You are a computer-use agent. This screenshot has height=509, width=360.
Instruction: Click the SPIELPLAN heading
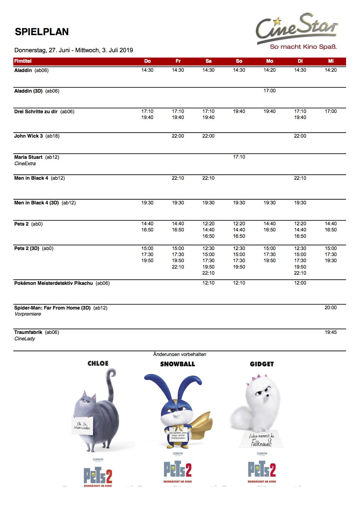pyautogui.click(x=42, y=32)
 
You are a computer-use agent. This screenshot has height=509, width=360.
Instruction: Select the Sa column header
pyautogui.click(x=208, y=61)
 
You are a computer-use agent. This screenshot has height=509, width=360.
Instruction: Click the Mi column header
pyautogui.click(x=331, y=61)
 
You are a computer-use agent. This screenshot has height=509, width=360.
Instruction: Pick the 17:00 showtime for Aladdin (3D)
pyautogui.click(x=269, y=91)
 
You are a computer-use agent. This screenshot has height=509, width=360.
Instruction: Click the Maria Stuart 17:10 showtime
pyautogui.click(x=239, y=157)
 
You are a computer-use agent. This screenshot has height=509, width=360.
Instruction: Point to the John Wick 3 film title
pyautogui.click(x=28, y=136)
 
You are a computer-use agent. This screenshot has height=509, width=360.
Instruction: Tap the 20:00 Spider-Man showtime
pyautogui.click(x=330, y=307)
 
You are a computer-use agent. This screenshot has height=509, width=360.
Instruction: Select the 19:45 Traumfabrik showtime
pyautogui.click(x=330, y=332)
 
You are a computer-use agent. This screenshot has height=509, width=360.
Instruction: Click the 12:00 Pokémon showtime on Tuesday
pyautogui.click(x=300, y=283)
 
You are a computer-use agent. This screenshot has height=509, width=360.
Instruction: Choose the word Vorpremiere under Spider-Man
pyautogui.click(x=28, y=314)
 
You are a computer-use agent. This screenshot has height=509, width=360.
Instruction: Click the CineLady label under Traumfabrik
pyautogui.click(x=25, y=339)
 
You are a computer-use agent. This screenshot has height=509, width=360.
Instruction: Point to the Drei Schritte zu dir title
pyautogui.click(x=36, y=111)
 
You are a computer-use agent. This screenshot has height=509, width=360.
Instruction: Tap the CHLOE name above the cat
pyautogui.click(x=98, y=364)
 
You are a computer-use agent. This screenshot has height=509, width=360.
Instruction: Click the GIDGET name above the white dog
pyautogui.click(x=262, y=364)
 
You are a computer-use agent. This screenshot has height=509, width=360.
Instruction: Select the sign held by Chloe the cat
pyautogui.click(x=82, y=426)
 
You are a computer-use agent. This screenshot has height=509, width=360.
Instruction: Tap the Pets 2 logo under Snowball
pyautogui.click(x=178, y=469)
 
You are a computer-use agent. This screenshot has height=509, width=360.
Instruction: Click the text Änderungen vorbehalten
pyautogui.click(x=180, y=354)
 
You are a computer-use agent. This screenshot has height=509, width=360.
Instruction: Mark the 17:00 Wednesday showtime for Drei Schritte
pyautogui.click(x=330, y=111)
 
